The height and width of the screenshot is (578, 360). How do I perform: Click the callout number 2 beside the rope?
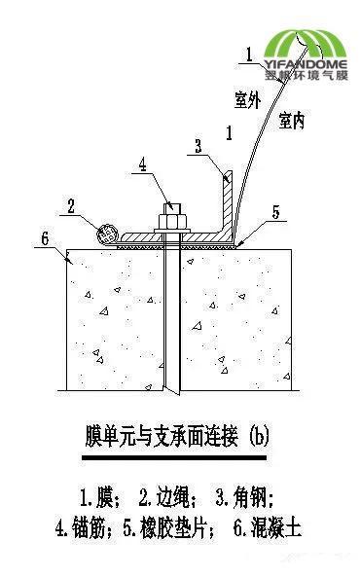[70, 205]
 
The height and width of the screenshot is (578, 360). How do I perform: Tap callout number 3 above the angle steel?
[198, 146]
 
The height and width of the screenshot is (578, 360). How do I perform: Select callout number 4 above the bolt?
[142, 164]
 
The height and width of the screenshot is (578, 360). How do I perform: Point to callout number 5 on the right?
[276, 209]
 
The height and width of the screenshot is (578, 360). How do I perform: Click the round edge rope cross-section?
[108, 234]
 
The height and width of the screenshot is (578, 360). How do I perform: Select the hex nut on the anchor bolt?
[170, 225]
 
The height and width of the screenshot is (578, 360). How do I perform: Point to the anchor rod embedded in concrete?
[171, 321]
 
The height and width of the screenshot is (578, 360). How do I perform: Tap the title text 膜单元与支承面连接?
[156, 434]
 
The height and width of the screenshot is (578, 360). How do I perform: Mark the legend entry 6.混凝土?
[268, 528]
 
